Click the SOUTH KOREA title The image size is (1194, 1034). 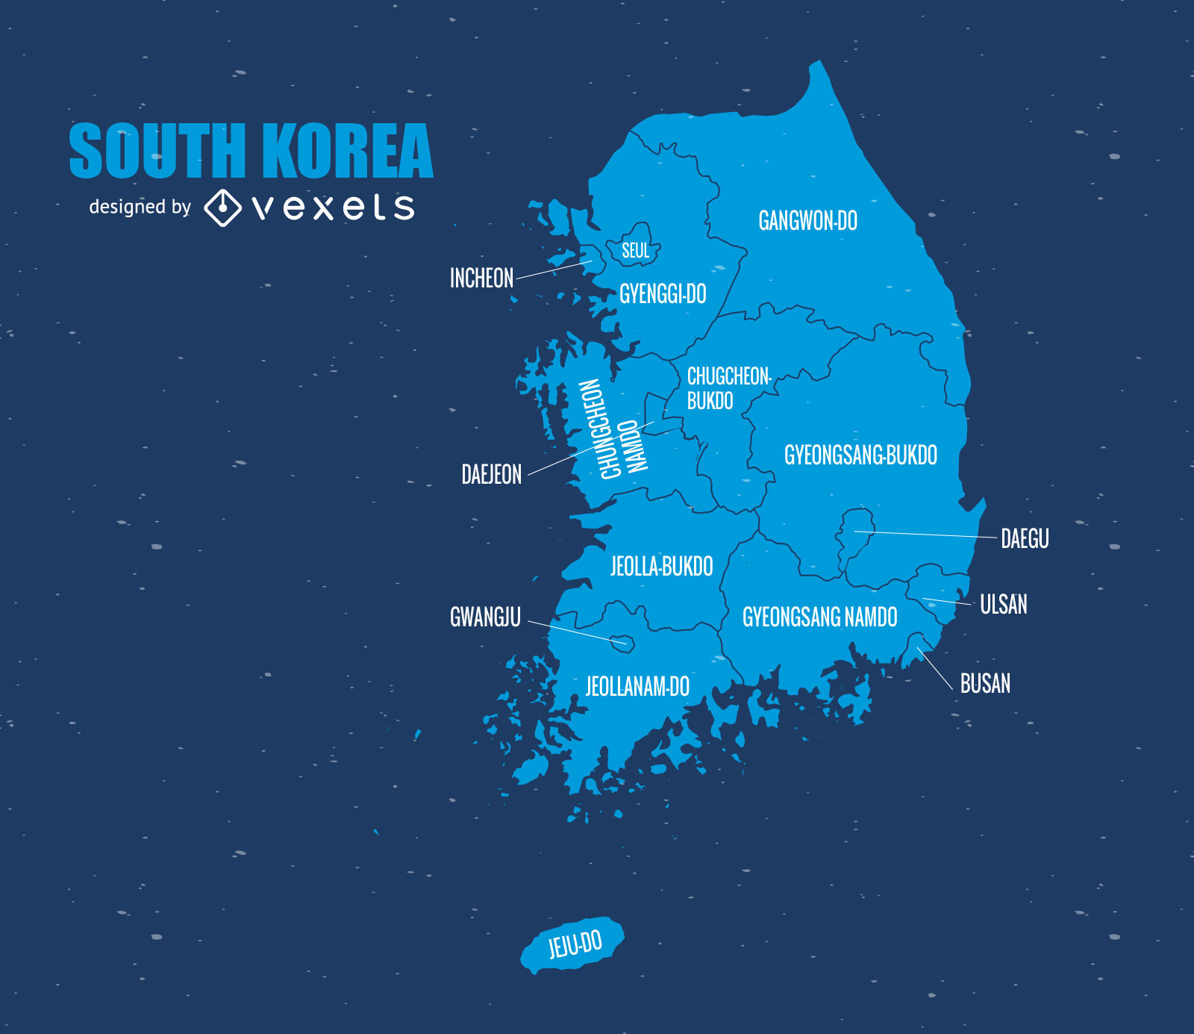click(251, 152)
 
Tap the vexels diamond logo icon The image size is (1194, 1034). click(222, 207)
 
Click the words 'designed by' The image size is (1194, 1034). click(140, 207)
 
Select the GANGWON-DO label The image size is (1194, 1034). click(807, 221)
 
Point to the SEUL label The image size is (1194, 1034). click(636, 251)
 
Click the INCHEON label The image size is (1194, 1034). click(481, 278)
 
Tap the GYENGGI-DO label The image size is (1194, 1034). click(663, 294)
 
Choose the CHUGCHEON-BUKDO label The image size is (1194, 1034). click(728, 388)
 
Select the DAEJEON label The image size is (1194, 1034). click(491, 475)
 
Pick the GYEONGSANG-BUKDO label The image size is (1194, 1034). click(860, 455)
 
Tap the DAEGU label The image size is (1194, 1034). click(1025, 539)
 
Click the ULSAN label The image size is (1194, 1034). click(1003, 605)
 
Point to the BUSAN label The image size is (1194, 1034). click(985, 684)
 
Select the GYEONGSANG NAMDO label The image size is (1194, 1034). click(819, 617)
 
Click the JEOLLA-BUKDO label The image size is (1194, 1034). click(661, 567)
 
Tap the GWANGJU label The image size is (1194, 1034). click(485, 617)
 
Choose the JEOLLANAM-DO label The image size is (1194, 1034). click(637, 687)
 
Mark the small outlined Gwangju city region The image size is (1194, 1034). click(622, 642)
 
